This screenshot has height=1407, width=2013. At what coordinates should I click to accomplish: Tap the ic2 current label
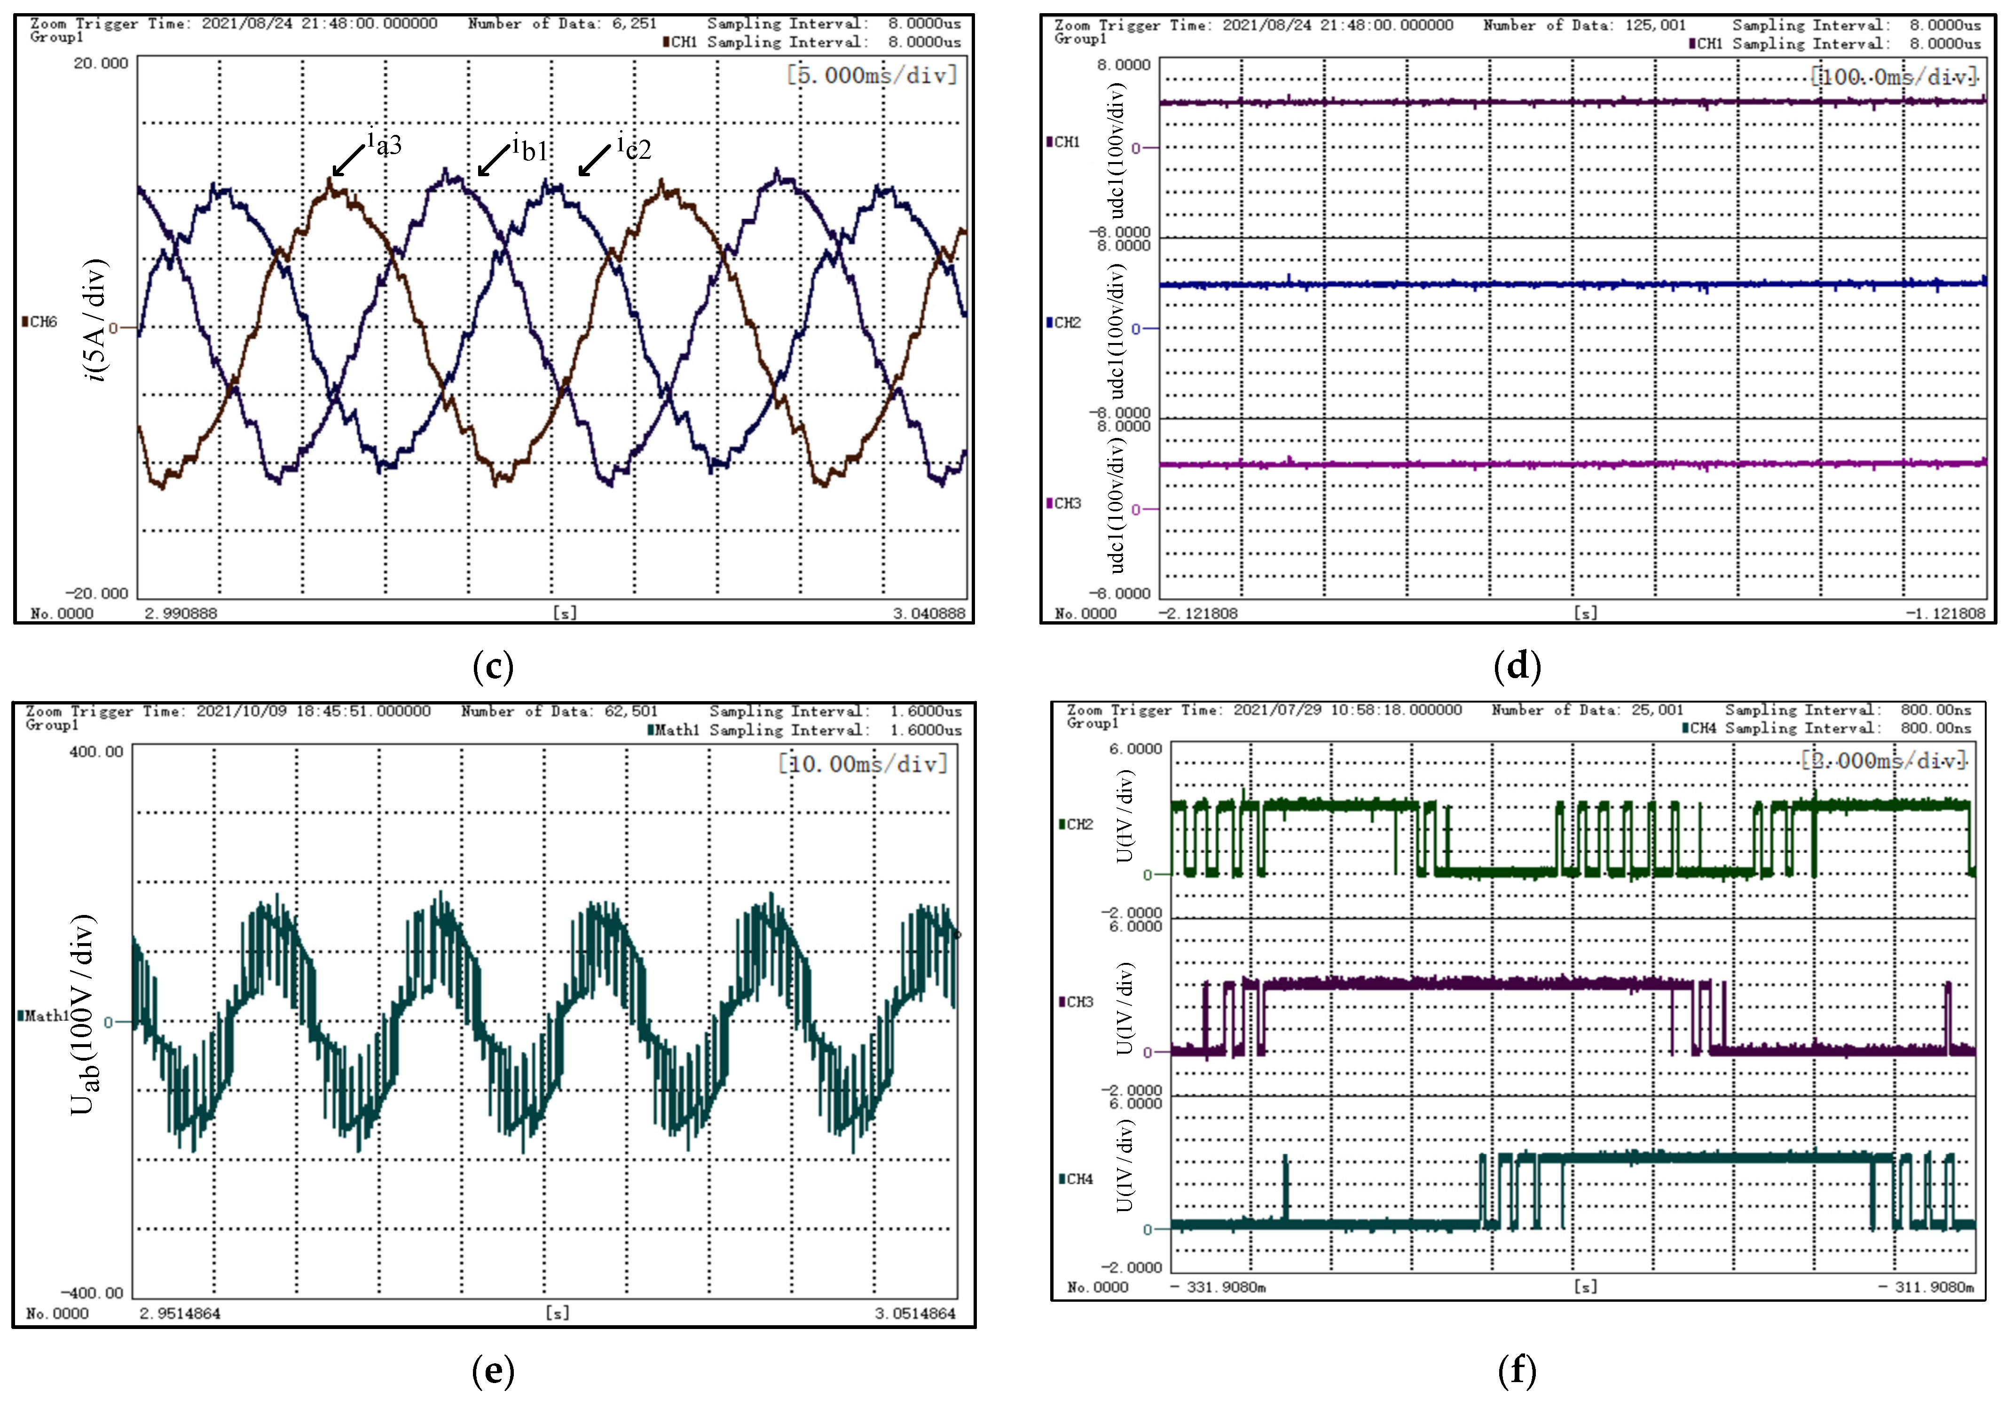[x=634, y=147]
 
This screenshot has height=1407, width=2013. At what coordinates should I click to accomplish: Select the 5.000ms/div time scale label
[x=873, y=75]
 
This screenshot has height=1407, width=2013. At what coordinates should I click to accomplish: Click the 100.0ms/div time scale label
[x=1894, y=77]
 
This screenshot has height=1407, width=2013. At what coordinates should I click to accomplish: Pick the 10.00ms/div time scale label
[x=864, y=765]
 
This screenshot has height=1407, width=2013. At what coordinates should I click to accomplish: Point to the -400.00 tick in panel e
[x=92, y=1293]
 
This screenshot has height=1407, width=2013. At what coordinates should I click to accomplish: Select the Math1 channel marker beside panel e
[x=44, y=1016]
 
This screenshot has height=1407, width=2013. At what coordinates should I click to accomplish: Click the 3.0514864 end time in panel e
[x=914, y=1313]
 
